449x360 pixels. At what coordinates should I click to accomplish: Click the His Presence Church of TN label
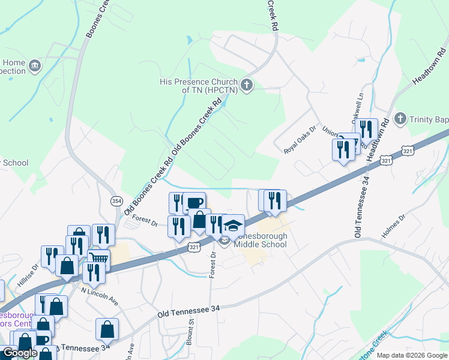point(198,86)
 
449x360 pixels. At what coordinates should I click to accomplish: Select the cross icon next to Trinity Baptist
point(402,119)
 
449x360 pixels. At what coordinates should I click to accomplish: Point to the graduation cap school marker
point(233,226)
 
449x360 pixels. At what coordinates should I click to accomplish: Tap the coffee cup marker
point(194,203)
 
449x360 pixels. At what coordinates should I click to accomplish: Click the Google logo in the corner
point(20,353)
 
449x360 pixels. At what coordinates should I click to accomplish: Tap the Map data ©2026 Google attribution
point(412,355)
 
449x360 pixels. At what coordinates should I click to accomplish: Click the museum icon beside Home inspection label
point(34,65)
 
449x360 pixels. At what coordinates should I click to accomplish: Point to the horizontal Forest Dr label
point(145,221)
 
